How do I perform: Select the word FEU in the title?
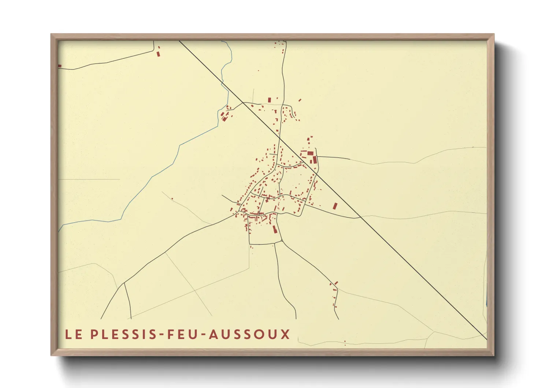[x=184, y=334]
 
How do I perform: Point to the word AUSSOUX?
[x=250, y=334]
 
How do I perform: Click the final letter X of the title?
[x=286, y=334]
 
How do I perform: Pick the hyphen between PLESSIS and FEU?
[x=163, y=335]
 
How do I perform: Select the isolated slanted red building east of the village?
[x=335, y=206]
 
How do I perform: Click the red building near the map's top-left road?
[x=158, y=54]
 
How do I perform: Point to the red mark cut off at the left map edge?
[x=60, y=66]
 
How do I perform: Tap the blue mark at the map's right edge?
[x=486, y=303]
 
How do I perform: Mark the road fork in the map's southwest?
[x=124, y=283]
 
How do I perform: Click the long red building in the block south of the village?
[x=274, y=229]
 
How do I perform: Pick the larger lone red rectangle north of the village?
[x=270, y=100]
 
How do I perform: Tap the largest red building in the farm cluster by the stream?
[x=223, y=118]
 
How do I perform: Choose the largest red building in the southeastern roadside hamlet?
[x=336, y=283]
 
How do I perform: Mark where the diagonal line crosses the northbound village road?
[x=279, y=138]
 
